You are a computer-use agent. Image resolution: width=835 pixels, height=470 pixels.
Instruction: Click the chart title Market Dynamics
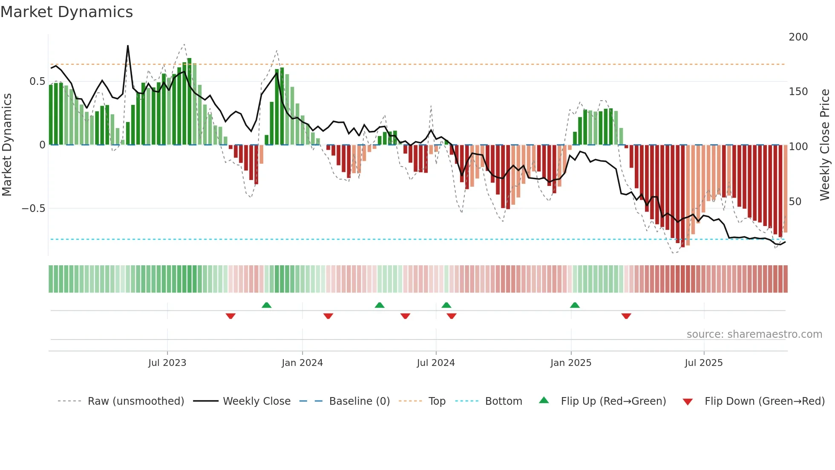pos(67,12)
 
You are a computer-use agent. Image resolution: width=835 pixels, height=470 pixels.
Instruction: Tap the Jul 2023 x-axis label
pos(167,363)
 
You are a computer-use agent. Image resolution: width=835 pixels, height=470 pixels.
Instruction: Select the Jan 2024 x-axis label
pos(302,363)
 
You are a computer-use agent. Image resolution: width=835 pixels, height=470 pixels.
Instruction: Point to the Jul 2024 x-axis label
pos(435,363)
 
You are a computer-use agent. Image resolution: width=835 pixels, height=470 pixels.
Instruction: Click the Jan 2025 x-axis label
pos(570,363)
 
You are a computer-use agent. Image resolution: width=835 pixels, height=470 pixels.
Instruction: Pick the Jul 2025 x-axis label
pos(703,363)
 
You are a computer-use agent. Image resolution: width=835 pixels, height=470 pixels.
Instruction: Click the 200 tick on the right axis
pos(798,37)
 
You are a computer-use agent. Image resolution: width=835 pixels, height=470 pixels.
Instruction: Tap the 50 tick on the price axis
pos(795,202)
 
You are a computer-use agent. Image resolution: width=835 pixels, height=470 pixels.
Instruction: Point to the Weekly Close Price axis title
pos(825,145)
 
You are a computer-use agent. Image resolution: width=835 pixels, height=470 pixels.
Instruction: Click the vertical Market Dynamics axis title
pos(7,145)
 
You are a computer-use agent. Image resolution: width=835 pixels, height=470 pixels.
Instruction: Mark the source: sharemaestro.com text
pos(754,334)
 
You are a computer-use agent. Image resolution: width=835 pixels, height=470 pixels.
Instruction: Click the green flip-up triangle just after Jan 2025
pos(575,305)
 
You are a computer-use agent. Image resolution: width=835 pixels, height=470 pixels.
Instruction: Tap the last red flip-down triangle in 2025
pos(626,316)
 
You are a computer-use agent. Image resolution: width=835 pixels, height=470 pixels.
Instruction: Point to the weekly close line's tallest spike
pos(128,46)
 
